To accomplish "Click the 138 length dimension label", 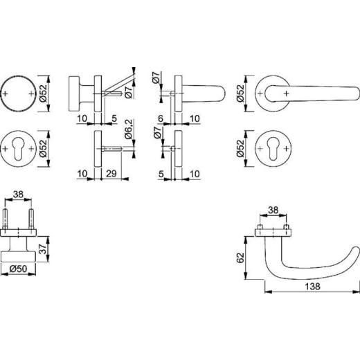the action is pyautogui.click(x=313, y=287).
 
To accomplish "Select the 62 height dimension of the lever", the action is pyautogui.click(x=240, y=258).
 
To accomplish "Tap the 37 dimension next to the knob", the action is pyautogui.click(x=43, y=249).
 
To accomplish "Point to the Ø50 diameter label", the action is pyautogui.click(x=18, y=269).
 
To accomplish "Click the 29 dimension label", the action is pyautogui.click(x=111, y=174).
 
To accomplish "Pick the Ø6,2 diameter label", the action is pyautogui.click(x=129, y=129).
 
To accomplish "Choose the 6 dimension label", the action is pyautogui.click(x=161, y=118).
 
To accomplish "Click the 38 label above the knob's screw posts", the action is pyautogui.click(x=18, y=195).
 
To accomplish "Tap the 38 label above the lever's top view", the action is pyautogui.click(x=273, y=210).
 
